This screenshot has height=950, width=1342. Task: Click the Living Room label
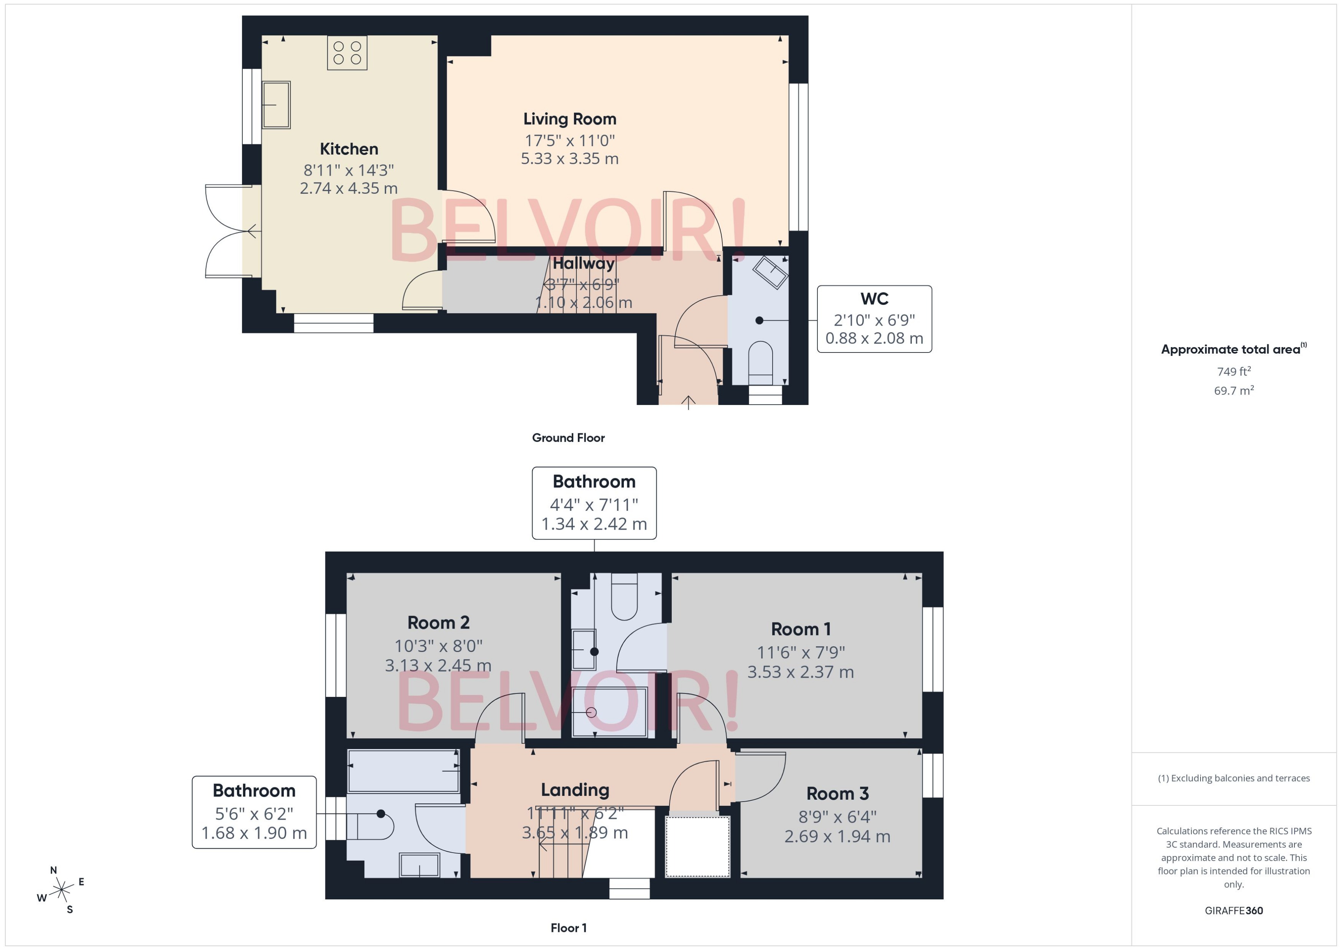pyautogui.click(x=569, y=119)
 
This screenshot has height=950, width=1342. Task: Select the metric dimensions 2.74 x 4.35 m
pyautogui.click(x=349, y=188)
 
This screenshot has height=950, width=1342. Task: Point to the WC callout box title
pyautogui.click(x=874, y=299)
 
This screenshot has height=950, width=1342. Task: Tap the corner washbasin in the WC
pyautogui.click(x=770, y=272)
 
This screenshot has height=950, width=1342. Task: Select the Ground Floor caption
pyautogui.click(x=568, y=438)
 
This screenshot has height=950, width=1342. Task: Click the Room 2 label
pyautogui.click(x=438, y=622)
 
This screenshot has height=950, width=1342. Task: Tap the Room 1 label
pyautogui.click(x=801, y=629)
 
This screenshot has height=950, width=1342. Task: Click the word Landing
pyautogui.click(x=575, y=790)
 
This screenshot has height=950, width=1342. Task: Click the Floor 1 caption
pyautogui.click(x=568, y=928)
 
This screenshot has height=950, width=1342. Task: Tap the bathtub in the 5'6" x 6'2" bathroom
pyautogui.click(x=403, y=771)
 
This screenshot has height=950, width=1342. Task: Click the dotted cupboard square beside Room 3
pyautogui.click(x=697, y=846)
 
